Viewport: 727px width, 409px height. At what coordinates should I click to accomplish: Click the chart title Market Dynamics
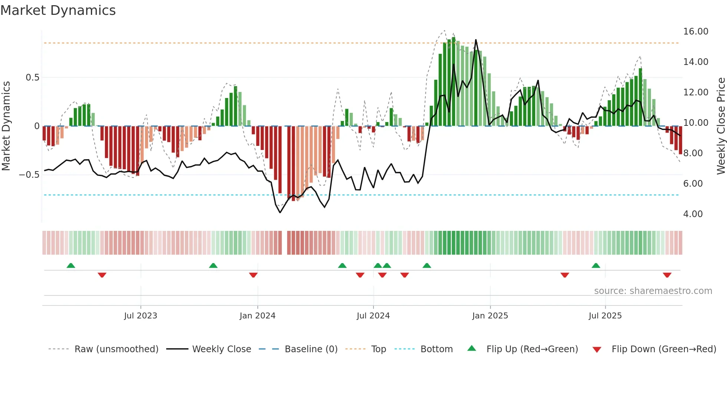coord(58,10)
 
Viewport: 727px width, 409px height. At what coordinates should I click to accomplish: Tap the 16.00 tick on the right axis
coord(695,32)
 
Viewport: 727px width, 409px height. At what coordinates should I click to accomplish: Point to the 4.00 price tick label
coord(693,214)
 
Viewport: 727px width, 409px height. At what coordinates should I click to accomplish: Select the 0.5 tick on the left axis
coord(32,78)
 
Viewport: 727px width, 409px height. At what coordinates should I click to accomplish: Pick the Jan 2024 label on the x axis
coord(257,316)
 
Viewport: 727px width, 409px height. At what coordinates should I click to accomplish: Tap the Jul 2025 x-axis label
coord(605,316)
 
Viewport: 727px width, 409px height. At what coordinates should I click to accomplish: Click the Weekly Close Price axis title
coord(721,126)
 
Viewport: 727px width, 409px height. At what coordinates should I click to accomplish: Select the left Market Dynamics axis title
coord(6,126)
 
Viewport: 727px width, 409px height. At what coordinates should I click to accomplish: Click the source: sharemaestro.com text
coord(653,291)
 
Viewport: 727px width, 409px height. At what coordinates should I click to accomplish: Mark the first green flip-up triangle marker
coord(71,265)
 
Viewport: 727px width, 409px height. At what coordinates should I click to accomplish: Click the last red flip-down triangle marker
coord(667,275)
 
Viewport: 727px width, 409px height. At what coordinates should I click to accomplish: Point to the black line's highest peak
coord(476,40)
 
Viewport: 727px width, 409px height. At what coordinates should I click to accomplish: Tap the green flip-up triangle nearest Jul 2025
coord(596,265)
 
